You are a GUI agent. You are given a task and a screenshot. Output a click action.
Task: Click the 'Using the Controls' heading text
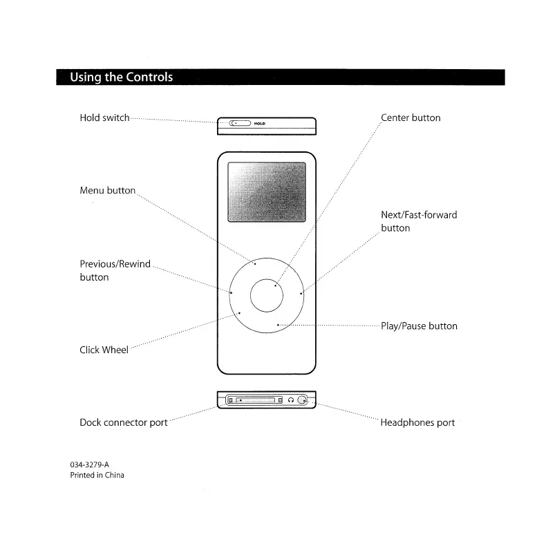pyautogui.click(x=121, y=77)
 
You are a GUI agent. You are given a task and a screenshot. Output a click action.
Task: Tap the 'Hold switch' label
pyautogui.click(x=104, y=118)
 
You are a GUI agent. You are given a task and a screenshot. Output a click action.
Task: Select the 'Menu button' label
pyautogui.click(x=107, y=191)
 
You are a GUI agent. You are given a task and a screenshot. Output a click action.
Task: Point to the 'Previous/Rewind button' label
pyautogui.click(x=115, y=270)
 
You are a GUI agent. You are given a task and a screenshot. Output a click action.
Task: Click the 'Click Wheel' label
pyautogui.click(x=104, y=350)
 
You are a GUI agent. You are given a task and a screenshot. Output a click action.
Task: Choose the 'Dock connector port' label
pyautogui.click(x=123, y=422)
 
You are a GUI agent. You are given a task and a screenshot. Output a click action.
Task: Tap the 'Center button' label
pyautogui.click(x=411, y=118)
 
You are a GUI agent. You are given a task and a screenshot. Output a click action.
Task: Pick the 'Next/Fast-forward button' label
pyautogui.click(x=419, y=221)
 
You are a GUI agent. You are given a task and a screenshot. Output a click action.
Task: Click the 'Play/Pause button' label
pyautogui.click(x=419, y=326)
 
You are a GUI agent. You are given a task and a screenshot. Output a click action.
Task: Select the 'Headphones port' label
pyautogui.click(x=417, y=422)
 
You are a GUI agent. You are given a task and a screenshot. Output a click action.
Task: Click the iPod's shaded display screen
pyautogui.click(x=267, y=193)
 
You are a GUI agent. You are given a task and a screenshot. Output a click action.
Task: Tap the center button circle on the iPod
pyautogui.click(x=267, y=296)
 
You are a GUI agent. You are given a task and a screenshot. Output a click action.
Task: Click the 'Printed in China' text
pyautogui.click(x=97, y=476)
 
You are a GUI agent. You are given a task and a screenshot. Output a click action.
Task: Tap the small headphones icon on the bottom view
pyautogui.click(x=291, y=400)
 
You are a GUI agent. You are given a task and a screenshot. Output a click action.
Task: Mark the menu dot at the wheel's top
pyautogui.click(x=255, y=263)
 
